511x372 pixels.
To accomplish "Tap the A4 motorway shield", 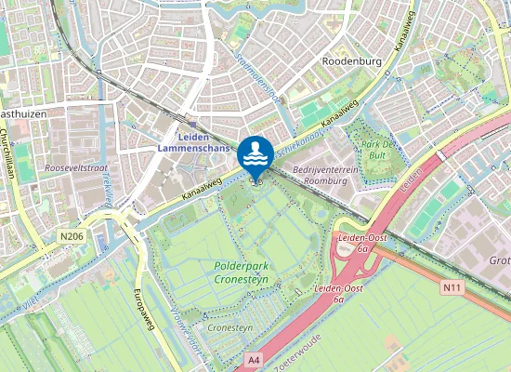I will (x=254, y=357).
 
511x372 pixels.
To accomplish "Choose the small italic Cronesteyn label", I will (x=229, y=328).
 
